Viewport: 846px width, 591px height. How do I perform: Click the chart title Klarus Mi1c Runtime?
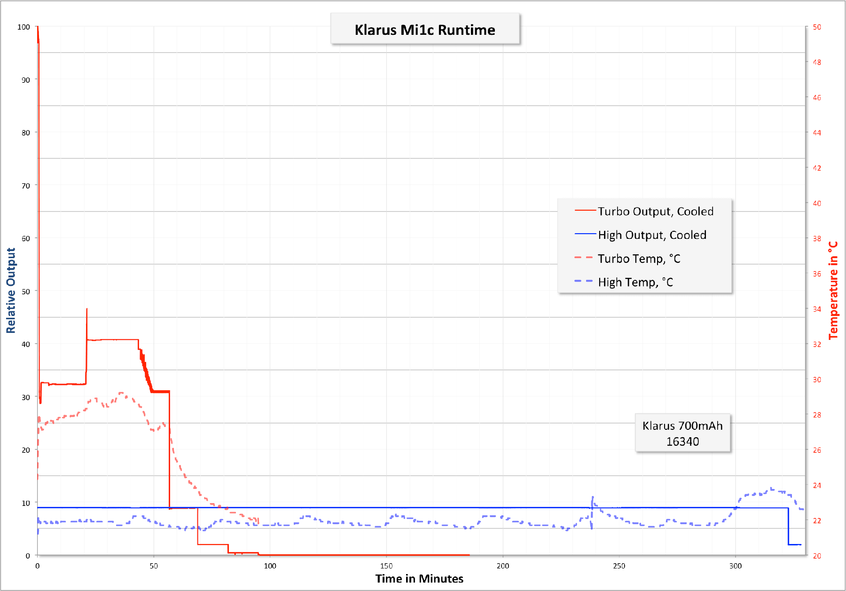(425, 30)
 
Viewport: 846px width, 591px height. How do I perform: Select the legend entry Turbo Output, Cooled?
(655, 212)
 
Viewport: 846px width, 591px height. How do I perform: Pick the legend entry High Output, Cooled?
(652, 235)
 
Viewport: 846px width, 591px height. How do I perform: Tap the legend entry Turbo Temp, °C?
(639, 259)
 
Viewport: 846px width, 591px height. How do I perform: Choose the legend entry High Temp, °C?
(635, 282)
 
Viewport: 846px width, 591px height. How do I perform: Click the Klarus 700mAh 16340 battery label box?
(682, 433)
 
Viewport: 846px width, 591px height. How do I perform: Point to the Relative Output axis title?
(11, 291)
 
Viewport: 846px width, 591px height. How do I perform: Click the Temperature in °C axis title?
(833, 291)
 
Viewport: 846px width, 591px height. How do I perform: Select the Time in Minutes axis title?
(419, 579)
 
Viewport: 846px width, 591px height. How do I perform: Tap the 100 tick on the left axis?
(23, 27)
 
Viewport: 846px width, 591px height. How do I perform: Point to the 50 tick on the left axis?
(25, 292)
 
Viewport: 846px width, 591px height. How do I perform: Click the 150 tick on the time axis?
(386, 566)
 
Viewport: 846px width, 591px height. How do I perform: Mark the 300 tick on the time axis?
(736, 566)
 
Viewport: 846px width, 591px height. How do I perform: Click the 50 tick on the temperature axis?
(817, 27)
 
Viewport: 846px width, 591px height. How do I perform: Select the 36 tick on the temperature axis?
(817, 274)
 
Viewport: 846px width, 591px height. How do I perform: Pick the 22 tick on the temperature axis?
(817, 520)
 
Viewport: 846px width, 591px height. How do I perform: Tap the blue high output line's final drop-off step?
(788, 527)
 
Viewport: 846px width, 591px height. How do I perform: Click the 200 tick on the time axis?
(503, 566)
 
